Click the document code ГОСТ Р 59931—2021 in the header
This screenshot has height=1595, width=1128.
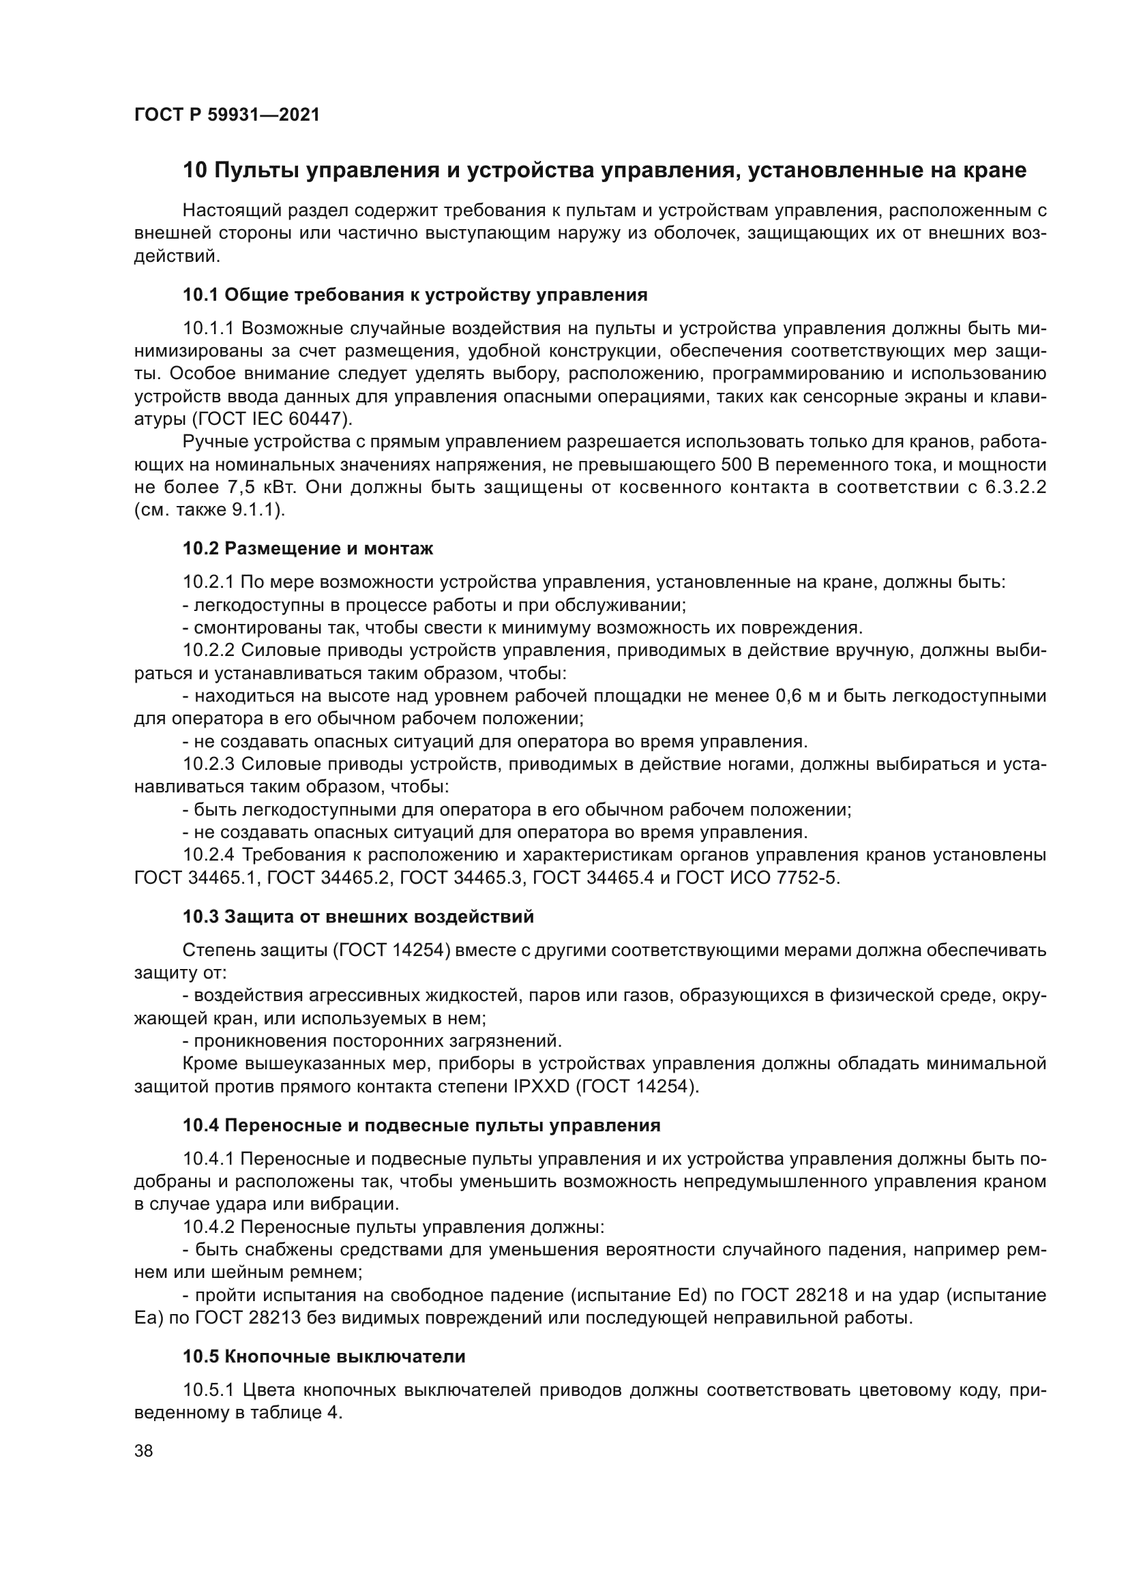pyautogui.click(x=226, y=115)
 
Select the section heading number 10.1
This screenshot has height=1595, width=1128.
pyautogui.click(x=201, y=295)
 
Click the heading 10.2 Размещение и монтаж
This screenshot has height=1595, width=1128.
pyautogui.click(x=308, y=548)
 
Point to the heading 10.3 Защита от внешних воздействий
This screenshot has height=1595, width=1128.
pyautogui.click(x=359, y=916)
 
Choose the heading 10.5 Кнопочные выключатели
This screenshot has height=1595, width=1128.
pyautogui.click(x=324, y=1356)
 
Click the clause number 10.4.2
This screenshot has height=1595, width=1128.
pyautogui.click(x=209, y=1227)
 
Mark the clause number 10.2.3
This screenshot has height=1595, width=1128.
pyautogui.click(x=209, y=764)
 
